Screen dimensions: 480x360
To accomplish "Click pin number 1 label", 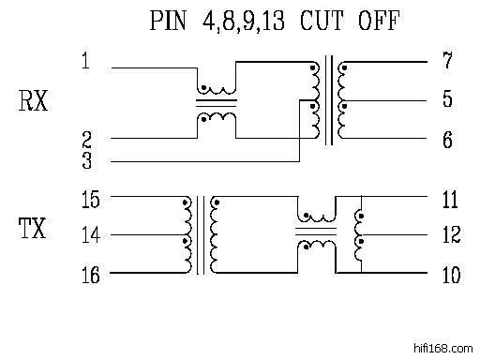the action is [x=85, y=61].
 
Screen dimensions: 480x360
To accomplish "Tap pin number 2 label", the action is [x=86, y=140].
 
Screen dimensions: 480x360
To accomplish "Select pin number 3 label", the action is [x=87, y=160].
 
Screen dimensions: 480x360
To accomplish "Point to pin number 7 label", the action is [x=448, y=60].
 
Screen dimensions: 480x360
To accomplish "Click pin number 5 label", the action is [x=448, y=98].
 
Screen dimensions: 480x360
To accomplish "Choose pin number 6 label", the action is [x=448, y=140].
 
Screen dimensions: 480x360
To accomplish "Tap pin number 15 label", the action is [x=91, y=200].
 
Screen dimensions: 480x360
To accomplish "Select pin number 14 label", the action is [x=91, y=234].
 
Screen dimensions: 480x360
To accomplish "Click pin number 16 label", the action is [x=91, y=275].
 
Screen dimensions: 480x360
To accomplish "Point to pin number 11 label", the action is [x=450, y=200].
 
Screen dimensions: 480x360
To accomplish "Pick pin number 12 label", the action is [x=452, y=234].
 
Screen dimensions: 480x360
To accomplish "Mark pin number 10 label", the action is [x=452, y=275].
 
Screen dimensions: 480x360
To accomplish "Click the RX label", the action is [x=33, y=100].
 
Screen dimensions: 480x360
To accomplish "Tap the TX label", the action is [x=33, y=228].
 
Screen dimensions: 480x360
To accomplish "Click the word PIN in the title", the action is [x=168, y=21].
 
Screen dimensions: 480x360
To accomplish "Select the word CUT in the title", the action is [x=322, y=21].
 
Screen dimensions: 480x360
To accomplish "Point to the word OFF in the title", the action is [x=379, y=21].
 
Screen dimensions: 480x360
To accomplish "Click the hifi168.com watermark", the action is [x=443, y=348].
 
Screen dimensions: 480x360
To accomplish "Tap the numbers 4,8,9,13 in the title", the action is [x=244, y=22].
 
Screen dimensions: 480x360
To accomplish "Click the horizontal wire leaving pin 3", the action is [x=205, y=161].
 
